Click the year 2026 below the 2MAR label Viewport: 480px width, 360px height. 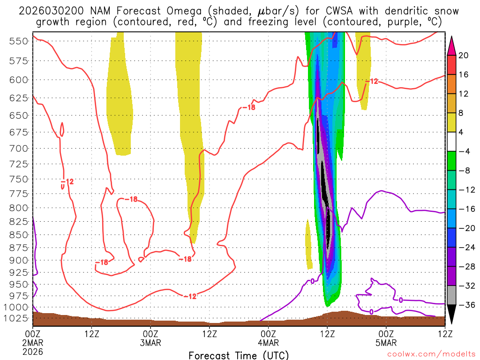coord(33,351)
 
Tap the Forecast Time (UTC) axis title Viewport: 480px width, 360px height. coord(239,355)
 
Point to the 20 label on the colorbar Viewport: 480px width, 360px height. coord(464,55)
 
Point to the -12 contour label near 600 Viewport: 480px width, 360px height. coord(371,82)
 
